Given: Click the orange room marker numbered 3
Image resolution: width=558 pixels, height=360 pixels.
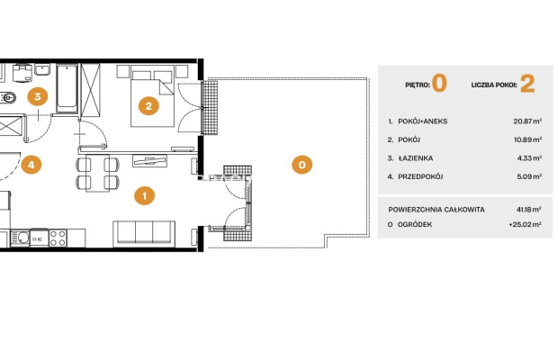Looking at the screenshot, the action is click(x=38, y=96).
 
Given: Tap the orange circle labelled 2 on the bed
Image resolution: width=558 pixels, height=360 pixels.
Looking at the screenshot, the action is click(x=148, y=105).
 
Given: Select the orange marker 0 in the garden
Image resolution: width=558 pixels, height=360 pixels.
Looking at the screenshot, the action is click(x=301, y=165).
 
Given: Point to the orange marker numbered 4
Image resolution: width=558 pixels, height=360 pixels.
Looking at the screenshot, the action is click(x=31, y=165).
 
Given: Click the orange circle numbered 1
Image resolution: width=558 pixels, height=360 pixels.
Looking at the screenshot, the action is click(x=145, y=195).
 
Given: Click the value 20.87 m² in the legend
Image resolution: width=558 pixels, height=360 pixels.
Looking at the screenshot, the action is click(x=527, y=121).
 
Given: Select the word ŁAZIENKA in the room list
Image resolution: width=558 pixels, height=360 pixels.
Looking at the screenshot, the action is click(x=416, y=158).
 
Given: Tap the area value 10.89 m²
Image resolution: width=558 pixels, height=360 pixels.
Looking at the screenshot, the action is click(x=527, y=139).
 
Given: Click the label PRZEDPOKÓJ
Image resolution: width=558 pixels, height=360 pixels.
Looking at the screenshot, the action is click(x=420, y=176).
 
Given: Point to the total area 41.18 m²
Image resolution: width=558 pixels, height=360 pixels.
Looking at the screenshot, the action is click(x=529, y=210).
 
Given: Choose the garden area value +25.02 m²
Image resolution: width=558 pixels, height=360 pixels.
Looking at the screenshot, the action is click(x=526, y=224).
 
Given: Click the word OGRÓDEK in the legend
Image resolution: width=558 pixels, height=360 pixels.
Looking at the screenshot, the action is click(x=415, y=224).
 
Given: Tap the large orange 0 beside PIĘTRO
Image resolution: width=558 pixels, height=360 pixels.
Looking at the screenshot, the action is click(x=439, y=83).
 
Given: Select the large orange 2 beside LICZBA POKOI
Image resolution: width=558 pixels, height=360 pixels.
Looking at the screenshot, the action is click(x=527, y=84).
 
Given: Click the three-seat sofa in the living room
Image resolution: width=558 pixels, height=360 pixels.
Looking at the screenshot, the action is click(x=144, y=233).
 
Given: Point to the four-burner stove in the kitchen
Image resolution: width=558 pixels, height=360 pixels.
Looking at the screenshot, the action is click(x=58, y=238).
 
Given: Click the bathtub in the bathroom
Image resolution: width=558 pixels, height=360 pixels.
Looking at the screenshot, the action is click(x=67, y=88).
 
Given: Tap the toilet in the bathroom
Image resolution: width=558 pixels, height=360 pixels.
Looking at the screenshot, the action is click(x=7, y=97).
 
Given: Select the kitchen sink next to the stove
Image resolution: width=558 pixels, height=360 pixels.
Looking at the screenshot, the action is click(x=21, y=238).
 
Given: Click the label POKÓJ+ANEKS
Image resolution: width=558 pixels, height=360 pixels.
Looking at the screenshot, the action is click(x=422, y=121).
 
